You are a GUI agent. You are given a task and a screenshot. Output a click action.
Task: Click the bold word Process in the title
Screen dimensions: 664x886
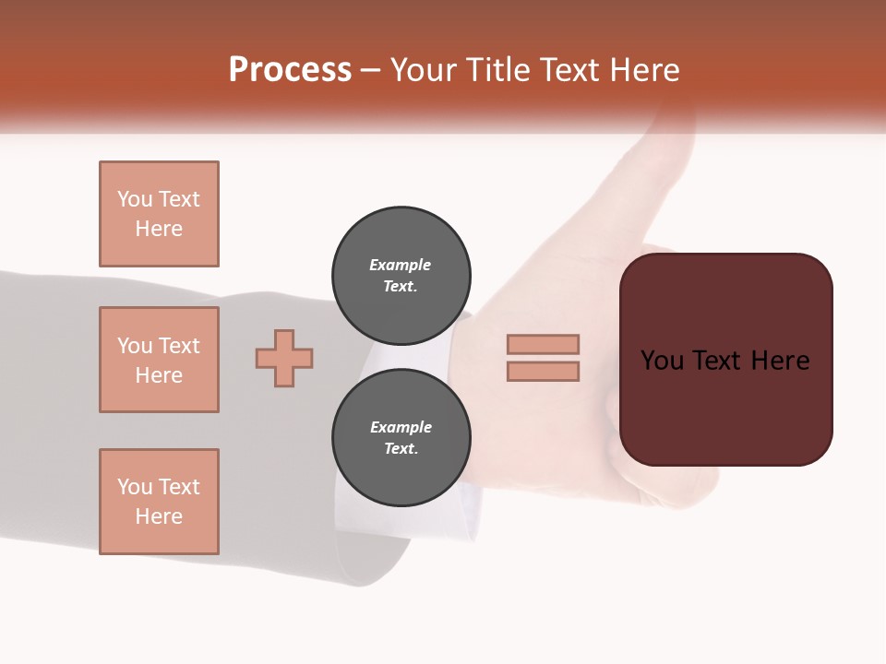pyautogui.click(x=290, y=70)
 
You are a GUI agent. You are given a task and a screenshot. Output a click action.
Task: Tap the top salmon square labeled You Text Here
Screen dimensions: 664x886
pyautogui.click(x=159, y=214)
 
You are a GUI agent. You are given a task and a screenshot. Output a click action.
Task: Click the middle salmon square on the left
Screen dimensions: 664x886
pyautogui.click(x=159, y=360)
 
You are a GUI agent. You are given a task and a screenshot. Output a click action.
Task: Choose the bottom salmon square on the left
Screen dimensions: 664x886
pyautogui.click(x=159, y=502)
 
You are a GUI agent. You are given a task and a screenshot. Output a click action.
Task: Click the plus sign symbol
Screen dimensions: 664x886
pyautogui.click(x=284, y=358)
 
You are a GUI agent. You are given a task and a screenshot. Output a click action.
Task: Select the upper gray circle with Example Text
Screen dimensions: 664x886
pyautogui.click(x=401, y=276)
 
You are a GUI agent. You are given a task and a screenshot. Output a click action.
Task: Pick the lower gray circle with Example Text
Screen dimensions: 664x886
pyautogui.click(x=401, y=438)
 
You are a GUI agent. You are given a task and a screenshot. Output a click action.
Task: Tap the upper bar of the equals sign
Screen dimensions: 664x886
pyautogui.click(x=543, y=344)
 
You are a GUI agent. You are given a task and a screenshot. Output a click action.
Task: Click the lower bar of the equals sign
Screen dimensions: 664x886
pyautogui.click(x=543, y=371)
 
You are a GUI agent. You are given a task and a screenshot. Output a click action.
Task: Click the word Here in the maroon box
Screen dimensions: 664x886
pyautogui.click(x=780, y=361)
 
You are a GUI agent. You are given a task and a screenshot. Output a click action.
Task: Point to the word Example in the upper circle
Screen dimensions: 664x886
pyautogui.click(x=401, y=266)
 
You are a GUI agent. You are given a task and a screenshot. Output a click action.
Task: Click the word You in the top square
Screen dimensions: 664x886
pyautogui.click(x=135, y=199)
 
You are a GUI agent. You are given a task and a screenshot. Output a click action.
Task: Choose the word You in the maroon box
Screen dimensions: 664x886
pyautogui.click(x=662, y=361)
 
